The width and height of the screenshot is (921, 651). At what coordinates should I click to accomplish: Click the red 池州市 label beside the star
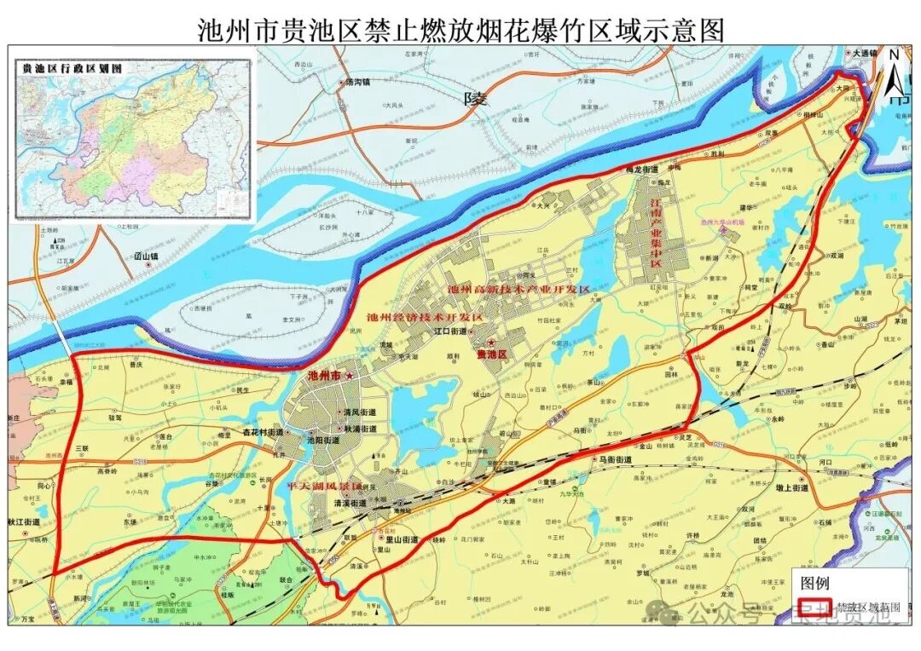323,375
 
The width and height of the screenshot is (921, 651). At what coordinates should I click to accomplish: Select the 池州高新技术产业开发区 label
518,290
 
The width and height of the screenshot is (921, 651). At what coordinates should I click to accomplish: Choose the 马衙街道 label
615,459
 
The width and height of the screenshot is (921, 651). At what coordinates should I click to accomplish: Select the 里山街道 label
402,539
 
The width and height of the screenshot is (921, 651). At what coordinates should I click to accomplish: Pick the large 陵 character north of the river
474,99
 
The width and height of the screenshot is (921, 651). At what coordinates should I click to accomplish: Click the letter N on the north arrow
892,55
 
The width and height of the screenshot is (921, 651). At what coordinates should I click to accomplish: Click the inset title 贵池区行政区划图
72,66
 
